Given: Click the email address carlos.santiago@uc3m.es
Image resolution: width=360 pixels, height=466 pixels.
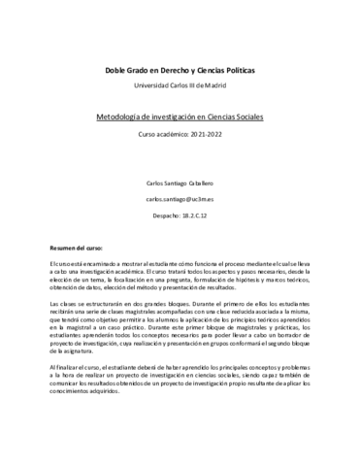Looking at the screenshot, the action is click(x=180, y=197).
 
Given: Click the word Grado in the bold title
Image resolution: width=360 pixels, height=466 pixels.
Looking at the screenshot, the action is click(x=139, y=71).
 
